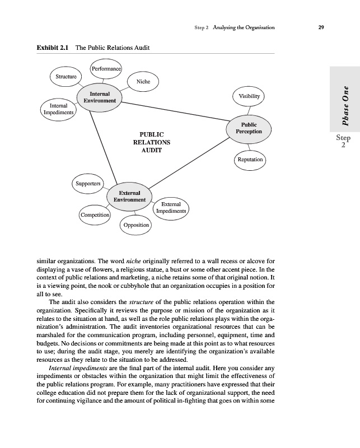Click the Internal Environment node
100,97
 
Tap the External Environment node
129,196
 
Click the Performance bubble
106,69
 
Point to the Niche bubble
143,82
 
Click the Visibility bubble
249,96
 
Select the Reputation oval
249,160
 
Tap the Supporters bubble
87,183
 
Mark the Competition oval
95,215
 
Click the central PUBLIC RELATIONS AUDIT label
151,142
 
